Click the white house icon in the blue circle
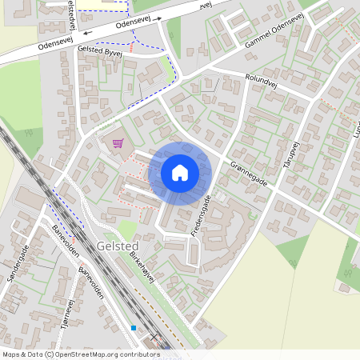tap(180, 172)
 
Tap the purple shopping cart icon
tap(118, 143)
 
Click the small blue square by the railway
tap(134, 328)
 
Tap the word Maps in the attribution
tap(11, 354)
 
